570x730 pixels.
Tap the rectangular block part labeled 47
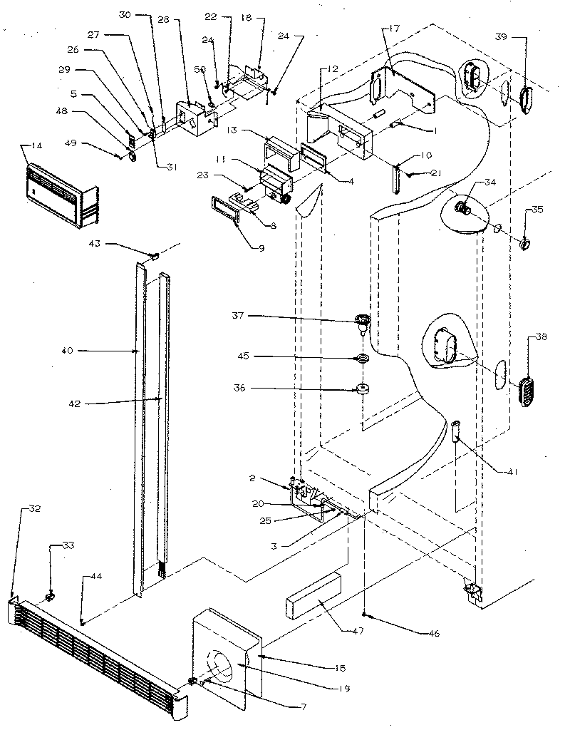tap(313, 595)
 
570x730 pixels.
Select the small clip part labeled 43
tap(153, 253)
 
